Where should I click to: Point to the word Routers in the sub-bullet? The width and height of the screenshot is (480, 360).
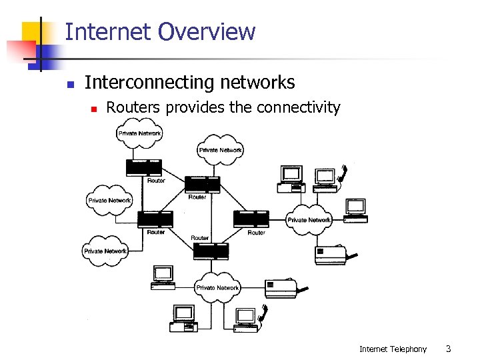coord(133,107)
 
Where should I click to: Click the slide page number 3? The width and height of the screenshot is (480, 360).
coord(449,349)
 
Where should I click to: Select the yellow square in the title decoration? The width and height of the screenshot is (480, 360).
coord(32,31)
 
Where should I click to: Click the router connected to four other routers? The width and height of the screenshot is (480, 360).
coord(202,183)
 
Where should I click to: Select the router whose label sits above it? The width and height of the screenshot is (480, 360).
coord(210,251)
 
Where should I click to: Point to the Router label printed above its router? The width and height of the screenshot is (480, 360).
coord(199,238)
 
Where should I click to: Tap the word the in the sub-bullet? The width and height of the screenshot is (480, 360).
coord(239,107)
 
